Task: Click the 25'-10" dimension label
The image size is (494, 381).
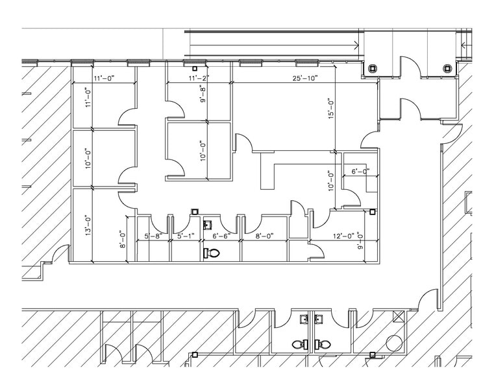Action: point(304,78)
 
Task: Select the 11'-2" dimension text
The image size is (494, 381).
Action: point(199,78)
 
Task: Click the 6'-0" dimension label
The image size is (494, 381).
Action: point(360,172)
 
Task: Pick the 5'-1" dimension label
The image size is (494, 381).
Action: point(186,237)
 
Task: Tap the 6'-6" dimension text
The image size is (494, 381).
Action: point(221,237)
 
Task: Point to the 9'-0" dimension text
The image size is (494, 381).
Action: point(360,242)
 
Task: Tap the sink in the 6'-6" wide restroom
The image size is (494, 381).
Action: point(208,224)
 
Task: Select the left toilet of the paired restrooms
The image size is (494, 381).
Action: point(300,344)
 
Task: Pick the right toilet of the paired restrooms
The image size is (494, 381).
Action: point(319,344)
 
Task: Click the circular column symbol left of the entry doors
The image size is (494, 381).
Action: point(373,69)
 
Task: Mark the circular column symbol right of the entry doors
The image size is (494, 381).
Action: point(447,69)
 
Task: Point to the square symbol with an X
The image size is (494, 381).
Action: point(398,316)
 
